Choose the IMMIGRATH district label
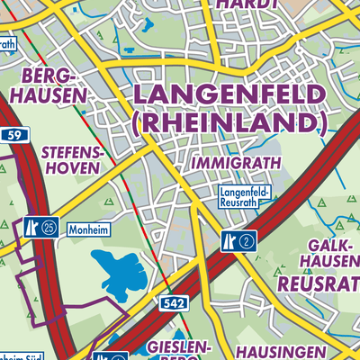tap(236, 162)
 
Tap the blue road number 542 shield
tap(175, 304)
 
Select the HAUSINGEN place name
tap(279, 350)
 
